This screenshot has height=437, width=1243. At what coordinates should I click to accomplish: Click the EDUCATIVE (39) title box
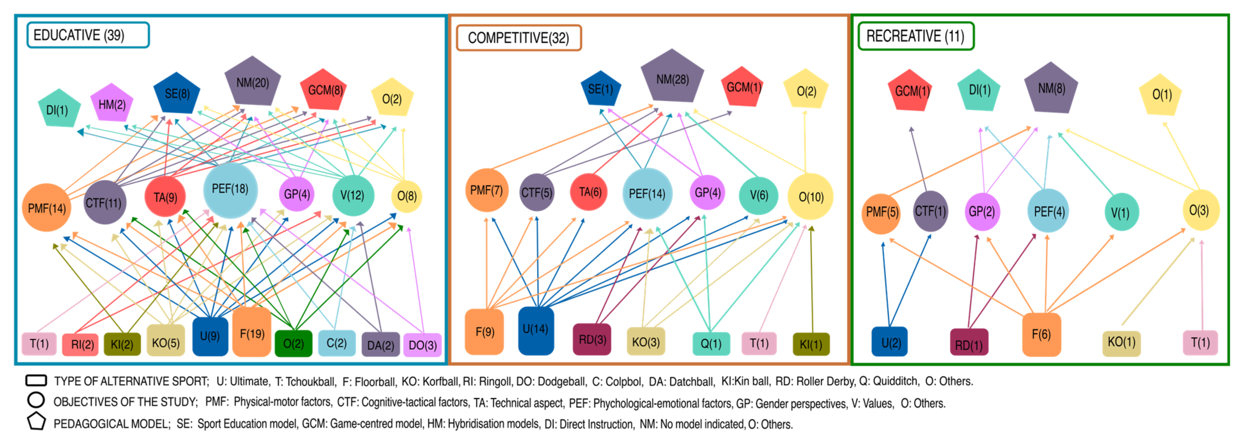point(88,35)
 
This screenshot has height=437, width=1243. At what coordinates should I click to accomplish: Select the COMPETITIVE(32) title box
point(519,38)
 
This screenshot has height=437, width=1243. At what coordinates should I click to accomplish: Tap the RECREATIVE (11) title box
point(915,36)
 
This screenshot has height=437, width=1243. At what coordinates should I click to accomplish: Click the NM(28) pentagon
point(672,78)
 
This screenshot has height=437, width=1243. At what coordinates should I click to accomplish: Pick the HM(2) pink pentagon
point(112,104)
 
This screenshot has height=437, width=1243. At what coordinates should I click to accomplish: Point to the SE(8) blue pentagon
point(177,93)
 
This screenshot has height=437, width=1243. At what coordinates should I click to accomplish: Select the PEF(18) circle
point(230,189)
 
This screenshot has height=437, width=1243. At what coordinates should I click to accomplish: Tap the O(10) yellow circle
point(811,196)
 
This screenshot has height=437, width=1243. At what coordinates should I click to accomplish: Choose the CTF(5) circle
point(537,193)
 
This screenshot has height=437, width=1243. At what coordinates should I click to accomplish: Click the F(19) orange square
point(252,333)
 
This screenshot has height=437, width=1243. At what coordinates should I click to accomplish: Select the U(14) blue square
point(536,330)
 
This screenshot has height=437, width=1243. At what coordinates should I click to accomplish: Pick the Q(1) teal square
point(711,343)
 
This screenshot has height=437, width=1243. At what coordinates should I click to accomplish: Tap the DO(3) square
point(422,345)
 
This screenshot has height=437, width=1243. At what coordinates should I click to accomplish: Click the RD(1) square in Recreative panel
point(968,343)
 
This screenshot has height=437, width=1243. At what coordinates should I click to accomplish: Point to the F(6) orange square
point(1041,334)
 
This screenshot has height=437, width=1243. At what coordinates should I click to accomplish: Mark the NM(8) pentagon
point(1051,88)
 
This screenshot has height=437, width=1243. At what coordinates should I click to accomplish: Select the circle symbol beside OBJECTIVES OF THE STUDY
point(36,400)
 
